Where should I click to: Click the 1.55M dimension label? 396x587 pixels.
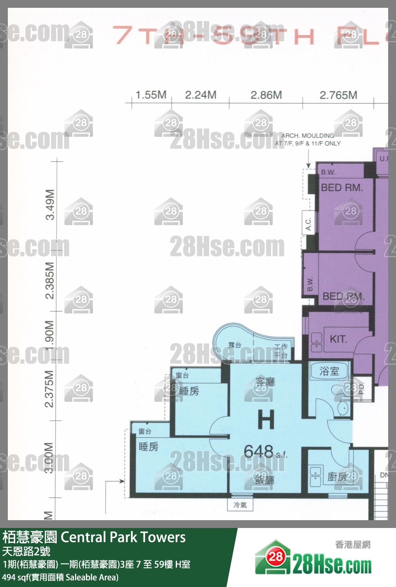tap(151, 95)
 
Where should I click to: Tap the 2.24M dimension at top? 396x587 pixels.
tap(201, 95)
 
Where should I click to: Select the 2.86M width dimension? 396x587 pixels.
tap(266, 95)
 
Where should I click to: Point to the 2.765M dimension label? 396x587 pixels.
tap(339, 95)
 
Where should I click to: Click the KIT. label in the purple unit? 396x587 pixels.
tap(338, 339)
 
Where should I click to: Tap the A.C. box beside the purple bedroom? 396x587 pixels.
tap(308, 224)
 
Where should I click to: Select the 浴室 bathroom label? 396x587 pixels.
tap(329, 371)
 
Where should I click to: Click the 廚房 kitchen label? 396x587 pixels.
tap(337, 477)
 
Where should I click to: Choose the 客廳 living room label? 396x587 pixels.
tap(265, 382)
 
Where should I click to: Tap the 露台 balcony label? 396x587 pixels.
tap(235, 345)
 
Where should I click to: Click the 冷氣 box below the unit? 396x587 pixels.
tap(240, 505)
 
